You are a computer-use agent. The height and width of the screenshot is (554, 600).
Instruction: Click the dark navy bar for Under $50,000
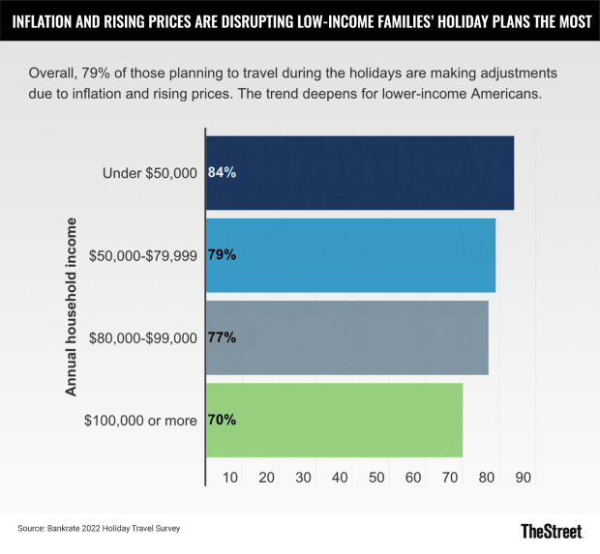point(360,173)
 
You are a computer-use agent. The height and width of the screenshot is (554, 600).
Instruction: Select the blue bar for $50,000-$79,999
point(350,255)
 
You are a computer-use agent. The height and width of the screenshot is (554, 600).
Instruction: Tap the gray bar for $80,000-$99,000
point(346,337)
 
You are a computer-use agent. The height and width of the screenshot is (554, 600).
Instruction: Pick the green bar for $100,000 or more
point(334,420)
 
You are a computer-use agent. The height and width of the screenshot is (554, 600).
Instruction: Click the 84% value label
point(223,173)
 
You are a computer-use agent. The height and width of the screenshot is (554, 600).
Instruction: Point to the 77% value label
point(223,337)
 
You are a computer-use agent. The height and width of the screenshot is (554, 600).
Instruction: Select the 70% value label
point(223,420)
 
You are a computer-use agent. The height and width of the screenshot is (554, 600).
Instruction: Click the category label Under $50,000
point(150,173)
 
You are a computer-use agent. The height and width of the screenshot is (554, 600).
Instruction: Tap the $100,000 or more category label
point(141,420)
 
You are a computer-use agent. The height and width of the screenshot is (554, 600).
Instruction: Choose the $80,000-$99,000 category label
point(143,337)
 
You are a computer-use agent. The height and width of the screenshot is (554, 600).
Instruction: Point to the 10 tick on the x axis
point(230,477)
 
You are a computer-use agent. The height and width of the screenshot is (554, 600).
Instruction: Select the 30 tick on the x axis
point(304,477)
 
